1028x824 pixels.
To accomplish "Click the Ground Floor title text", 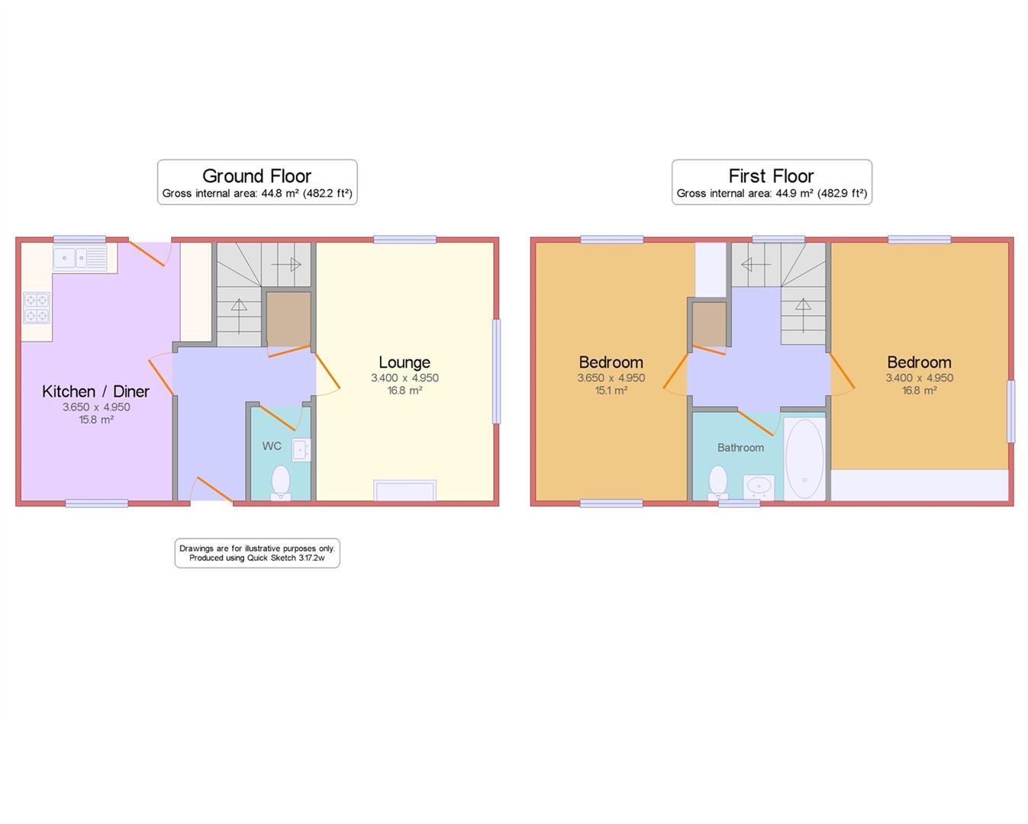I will (256, 175).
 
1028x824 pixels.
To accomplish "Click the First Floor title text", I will (771, 175).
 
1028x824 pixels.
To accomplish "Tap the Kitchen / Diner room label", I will (95, 391).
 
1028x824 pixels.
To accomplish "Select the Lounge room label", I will (404, 362).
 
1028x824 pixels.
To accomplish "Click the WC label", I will (272, 446).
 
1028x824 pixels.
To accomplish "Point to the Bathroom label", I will (740, 448).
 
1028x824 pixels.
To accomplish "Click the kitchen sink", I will (79, 259).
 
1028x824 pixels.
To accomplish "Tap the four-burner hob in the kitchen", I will (37, 307).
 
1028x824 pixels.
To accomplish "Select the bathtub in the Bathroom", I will (804, 458).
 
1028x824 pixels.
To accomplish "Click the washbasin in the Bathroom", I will (759, 487).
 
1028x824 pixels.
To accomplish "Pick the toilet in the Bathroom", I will (717, 483).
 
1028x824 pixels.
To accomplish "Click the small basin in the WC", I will (301, 450).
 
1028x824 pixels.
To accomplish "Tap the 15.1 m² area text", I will (611, 391).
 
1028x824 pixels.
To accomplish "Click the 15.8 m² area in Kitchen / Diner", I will (96, 420).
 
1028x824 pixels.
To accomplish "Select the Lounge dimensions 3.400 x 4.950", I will (404, 378).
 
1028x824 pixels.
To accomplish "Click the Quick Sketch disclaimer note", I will (257, 553).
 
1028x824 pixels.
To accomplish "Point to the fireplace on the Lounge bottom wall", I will (404, 491).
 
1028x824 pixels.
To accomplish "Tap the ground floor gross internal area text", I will (256, 194).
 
